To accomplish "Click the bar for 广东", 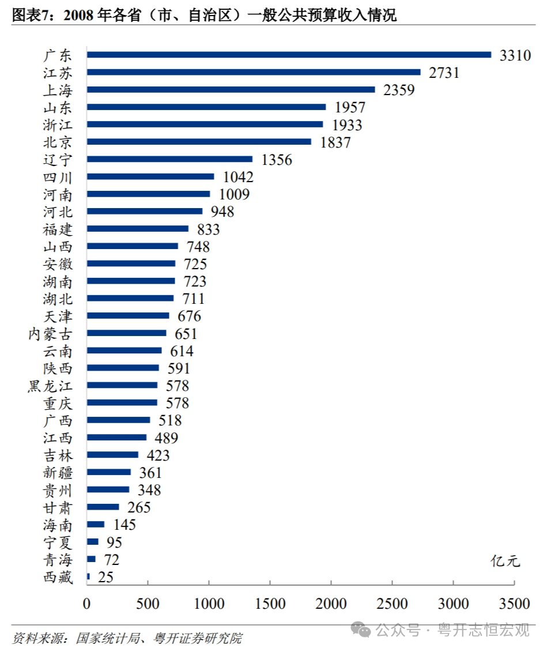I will pyautogui.click(x=289, y=55).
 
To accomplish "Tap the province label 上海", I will pyautogui.click(x=58, y=90).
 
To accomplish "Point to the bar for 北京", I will pyautogui.click(x=199, y=142).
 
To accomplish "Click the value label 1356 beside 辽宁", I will pyautogui.click(x=277, y=160).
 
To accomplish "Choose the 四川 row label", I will pyautogui.click(x=58, y=177).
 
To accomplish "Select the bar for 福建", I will pyautogui.click(x=138, y=229).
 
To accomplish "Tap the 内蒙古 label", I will pyautogui.click(x=50, y=334).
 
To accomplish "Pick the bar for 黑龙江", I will pyautogui.click(x=122, y=385).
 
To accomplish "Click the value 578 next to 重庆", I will pyautogui.click(x=177, y=403).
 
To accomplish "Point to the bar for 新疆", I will pyautogui.click(x=109, y=472).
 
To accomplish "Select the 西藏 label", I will pyautogui.click(x=58, y=577).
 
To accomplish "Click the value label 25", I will pyautogui.click(x=105, y=577).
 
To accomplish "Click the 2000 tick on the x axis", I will pyautogui.click(x=331, y=604).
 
